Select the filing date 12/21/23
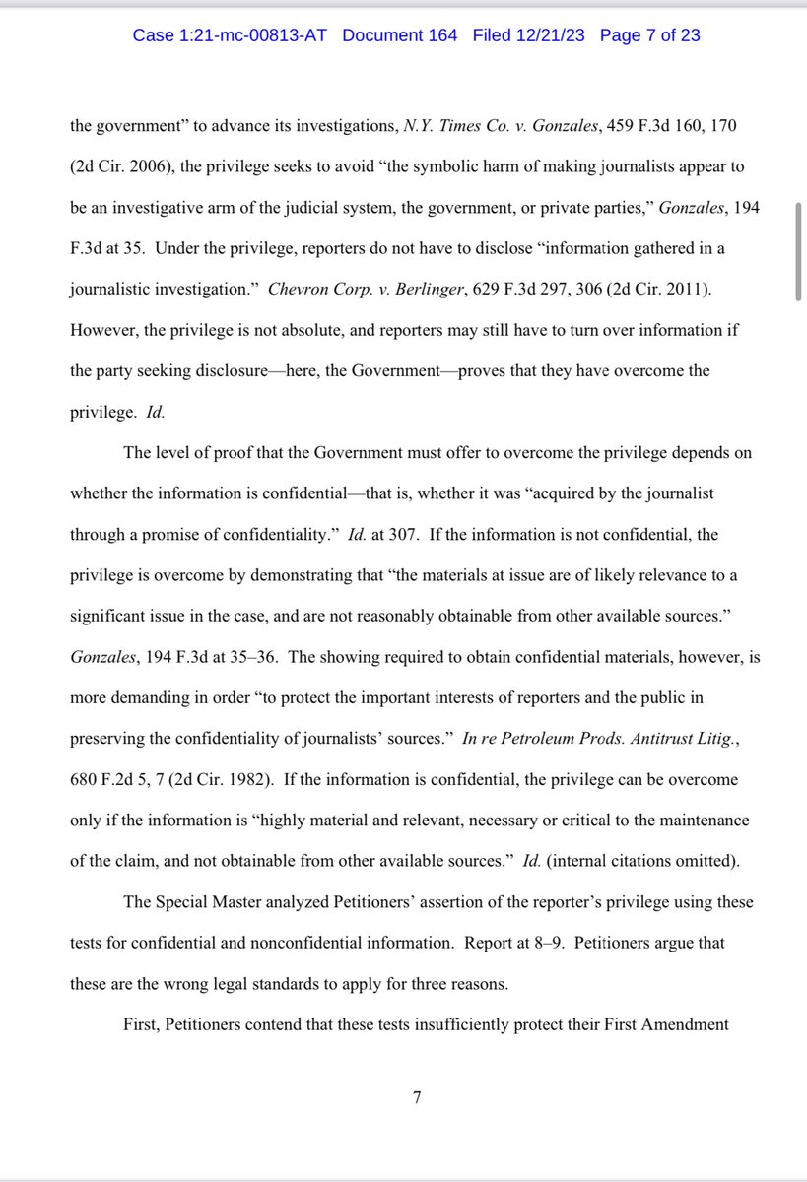coord(543,35)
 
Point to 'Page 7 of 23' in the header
coord(650,35)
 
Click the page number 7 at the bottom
coord(417,1098)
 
